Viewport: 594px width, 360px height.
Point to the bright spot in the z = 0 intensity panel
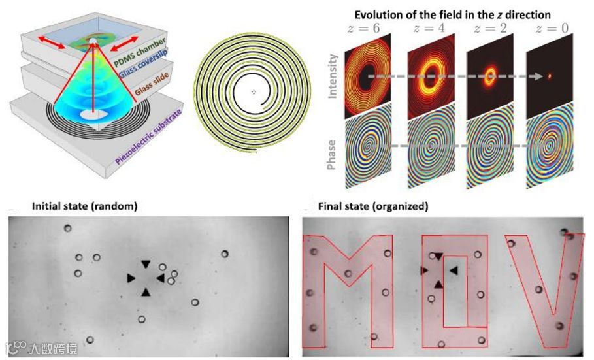click(550, 76)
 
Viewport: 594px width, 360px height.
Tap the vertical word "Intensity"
click(333, 77)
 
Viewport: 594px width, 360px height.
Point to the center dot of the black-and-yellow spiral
click(254, 92)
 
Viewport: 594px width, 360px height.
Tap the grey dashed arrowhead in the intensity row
click(540, 76)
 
